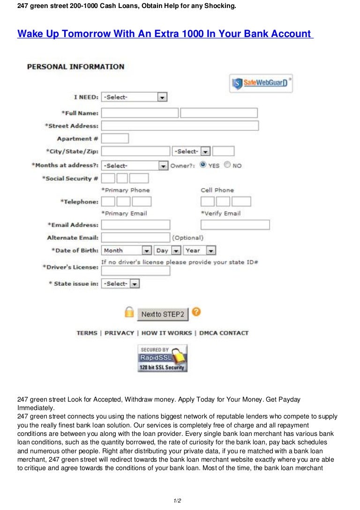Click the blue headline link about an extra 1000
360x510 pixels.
tap(165, 34)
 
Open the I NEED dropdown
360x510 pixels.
tap(134, 97)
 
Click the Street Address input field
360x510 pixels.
tap(180, 126)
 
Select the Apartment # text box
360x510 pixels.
tap(115, 138)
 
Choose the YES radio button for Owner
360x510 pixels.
tap(203, 165)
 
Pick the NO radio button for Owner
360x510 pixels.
tap(227, 165)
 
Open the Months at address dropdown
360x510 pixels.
tap(135, 166)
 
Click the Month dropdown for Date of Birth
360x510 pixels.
tap(127, 251)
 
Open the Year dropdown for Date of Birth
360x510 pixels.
tap(200, 251)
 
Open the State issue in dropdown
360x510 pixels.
tap(121, 284)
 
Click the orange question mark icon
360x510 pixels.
tap(196, 312)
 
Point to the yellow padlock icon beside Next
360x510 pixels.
tap(129, 312)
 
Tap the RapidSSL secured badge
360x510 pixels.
tap(162, 359)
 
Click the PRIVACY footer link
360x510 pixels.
tap(119, 333)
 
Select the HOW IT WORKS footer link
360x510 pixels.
tap(166, 333)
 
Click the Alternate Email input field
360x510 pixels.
tap(135, 238)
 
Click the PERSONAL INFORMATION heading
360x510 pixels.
tap(75, 67)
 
